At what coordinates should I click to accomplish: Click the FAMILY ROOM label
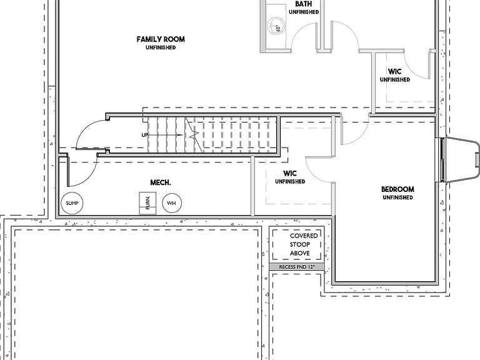pos(161,39)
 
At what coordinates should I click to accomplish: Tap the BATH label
pos(304,4)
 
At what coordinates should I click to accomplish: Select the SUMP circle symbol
pos(72,203)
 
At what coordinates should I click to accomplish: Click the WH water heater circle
pos(172,203)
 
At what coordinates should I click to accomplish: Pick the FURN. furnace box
pos(147,203)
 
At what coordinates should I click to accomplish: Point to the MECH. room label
pos(161,182)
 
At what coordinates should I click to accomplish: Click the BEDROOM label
pos(397,189)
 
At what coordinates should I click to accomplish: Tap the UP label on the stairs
pos(145,135)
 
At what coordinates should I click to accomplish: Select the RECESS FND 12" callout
pos(297,267)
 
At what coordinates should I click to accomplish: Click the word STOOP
pos(300,244)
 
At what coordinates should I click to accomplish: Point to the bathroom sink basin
pos(274,26)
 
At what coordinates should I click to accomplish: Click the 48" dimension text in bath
pos(278,29)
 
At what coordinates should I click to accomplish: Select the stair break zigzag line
pos(194,134)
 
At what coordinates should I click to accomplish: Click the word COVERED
pos(304,236)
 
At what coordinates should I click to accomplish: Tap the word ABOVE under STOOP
pos(300,253)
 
